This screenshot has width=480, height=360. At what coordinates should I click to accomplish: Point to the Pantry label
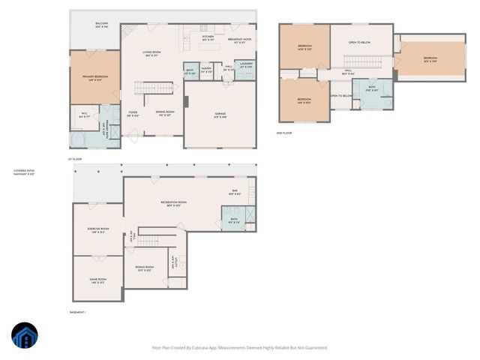coord(205,70)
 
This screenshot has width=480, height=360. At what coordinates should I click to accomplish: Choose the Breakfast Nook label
coord(239,40)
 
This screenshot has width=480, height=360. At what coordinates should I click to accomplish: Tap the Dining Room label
coord(165,113)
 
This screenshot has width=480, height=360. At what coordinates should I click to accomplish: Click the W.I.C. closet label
coord(85,115)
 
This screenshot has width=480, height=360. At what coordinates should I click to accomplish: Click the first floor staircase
coord(148,88)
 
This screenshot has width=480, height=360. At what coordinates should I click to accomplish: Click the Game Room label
coord(97,280)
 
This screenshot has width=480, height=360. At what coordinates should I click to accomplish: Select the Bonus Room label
coord(145,268)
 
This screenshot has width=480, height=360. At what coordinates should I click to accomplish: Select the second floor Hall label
coord(347,73)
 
